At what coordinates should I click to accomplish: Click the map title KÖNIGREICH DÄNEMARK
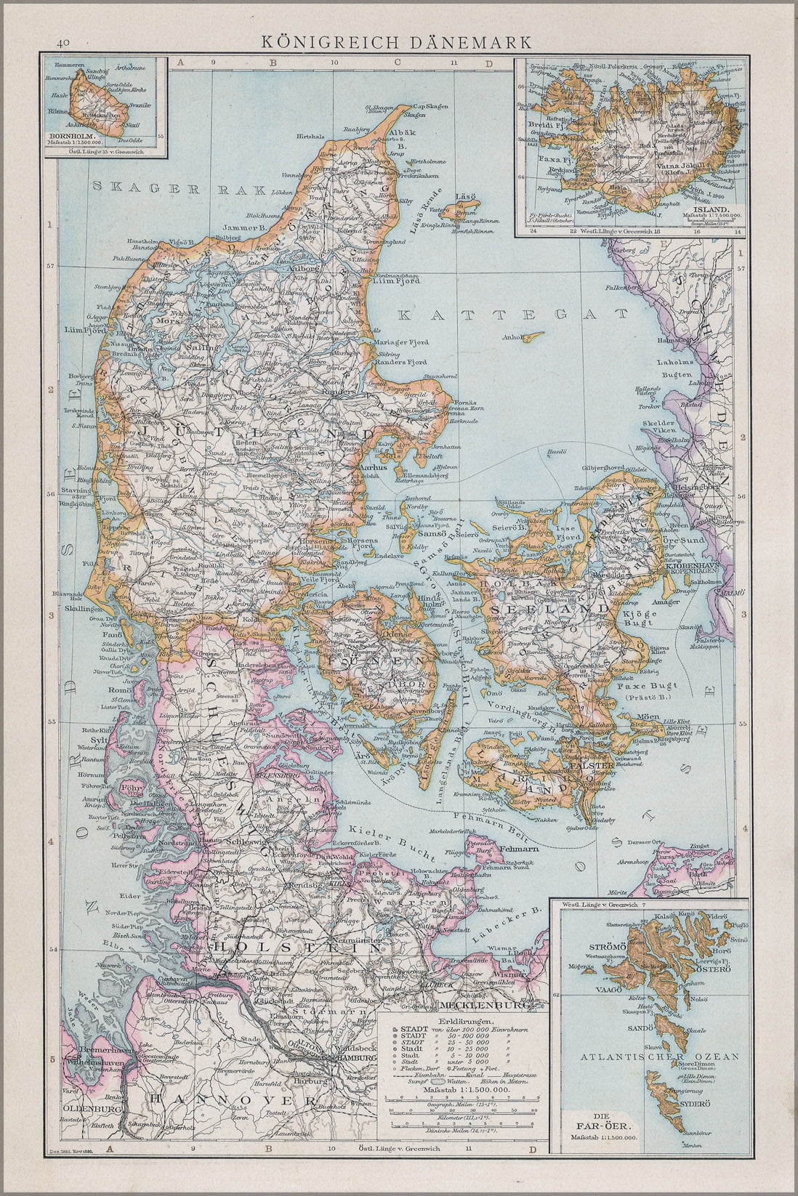tap(397, 43)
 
